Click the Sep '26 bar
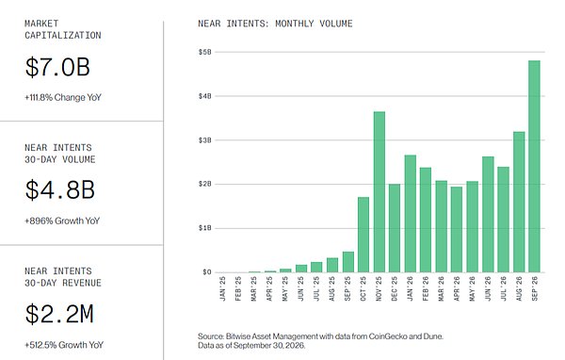point(534,166)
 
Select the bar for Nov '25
point(379,192)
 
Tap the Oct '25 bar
point(363,235)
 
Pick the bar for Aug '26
point(519,202)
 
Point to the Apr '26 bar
point(457,229)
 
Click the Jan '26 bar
point(410,214)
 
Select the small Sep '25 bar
point(348,262)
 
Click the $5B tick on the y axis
point(205,52)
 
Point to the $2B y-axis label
point(205,184)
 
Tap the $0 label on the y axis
point(207,272)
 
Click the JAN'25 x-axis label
point(222,288)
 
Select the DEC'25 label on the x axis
point(395,288)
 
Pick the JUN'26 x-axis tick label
point(488,288)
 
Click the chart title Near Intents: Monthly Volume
point(275,24)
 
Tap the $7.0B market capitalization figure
point(57,67)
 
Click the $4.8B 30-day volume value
point(60,189)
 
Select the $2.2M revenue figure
point(59,314)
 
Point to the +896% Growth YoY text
point(62,221)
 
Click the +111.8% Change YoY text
point(63,97)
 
